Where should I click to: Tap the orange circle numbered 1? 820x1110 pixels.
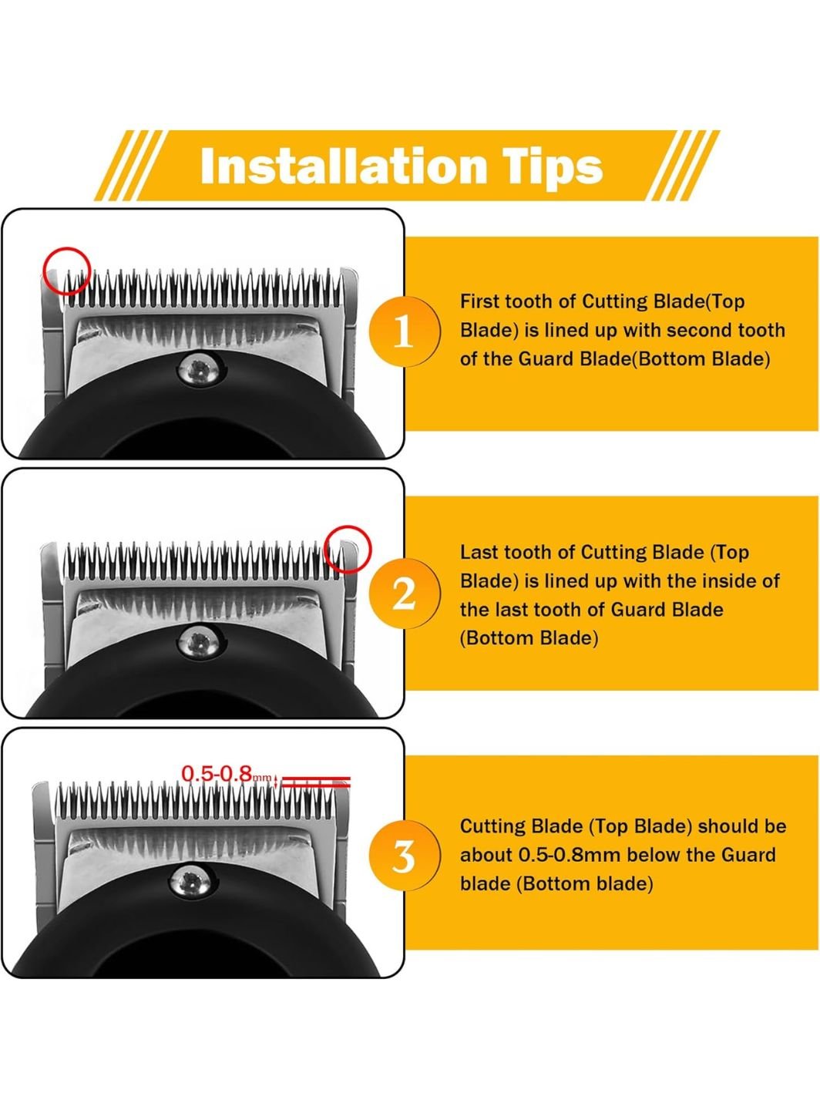click(x=405, y=331)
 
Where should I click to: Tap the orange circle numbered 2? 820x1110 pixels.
click(x=405, y=593)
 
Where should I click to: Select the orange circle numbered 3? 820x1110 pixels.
click(x=405, y=856)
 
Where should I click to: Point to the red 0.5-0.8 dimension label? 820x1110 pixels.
click(x=227, y=774)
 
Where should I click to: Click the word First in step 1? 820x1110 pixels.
click(x=479, y=301)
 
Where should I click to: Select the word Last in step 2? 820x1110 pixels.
click(x=478, y=553)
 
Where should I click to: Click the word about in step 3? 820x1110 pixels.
click(x=486, y=855)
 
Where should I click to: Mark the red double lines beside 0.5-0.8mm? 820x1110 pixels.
click(x=315, y=781)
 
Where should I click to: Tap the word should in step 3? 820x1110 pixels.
click(x=728, y=826)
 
